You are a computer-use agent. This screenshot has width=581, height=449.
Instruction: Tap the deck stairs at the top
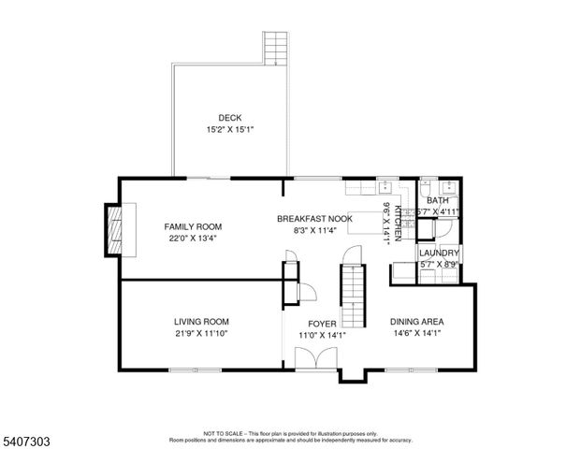273,48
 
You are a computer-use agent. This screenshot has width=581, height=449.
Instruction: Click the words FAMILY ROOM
193,226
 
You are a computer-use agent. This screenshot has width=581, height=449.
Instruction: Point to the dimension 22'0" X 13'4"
193,239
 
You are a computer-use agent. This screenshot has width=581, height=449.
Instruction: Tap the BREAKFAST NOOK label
314,218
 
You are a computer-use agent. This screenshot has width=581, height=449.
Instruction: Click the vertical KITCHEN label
398,224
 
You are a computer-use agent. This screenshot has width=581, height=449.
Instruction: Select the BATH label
438,200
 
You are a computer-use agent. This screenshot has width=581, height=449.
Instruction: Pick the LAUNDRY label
438,253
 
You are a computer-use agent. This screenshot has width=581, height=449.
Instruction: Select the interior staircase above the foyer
350,284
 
